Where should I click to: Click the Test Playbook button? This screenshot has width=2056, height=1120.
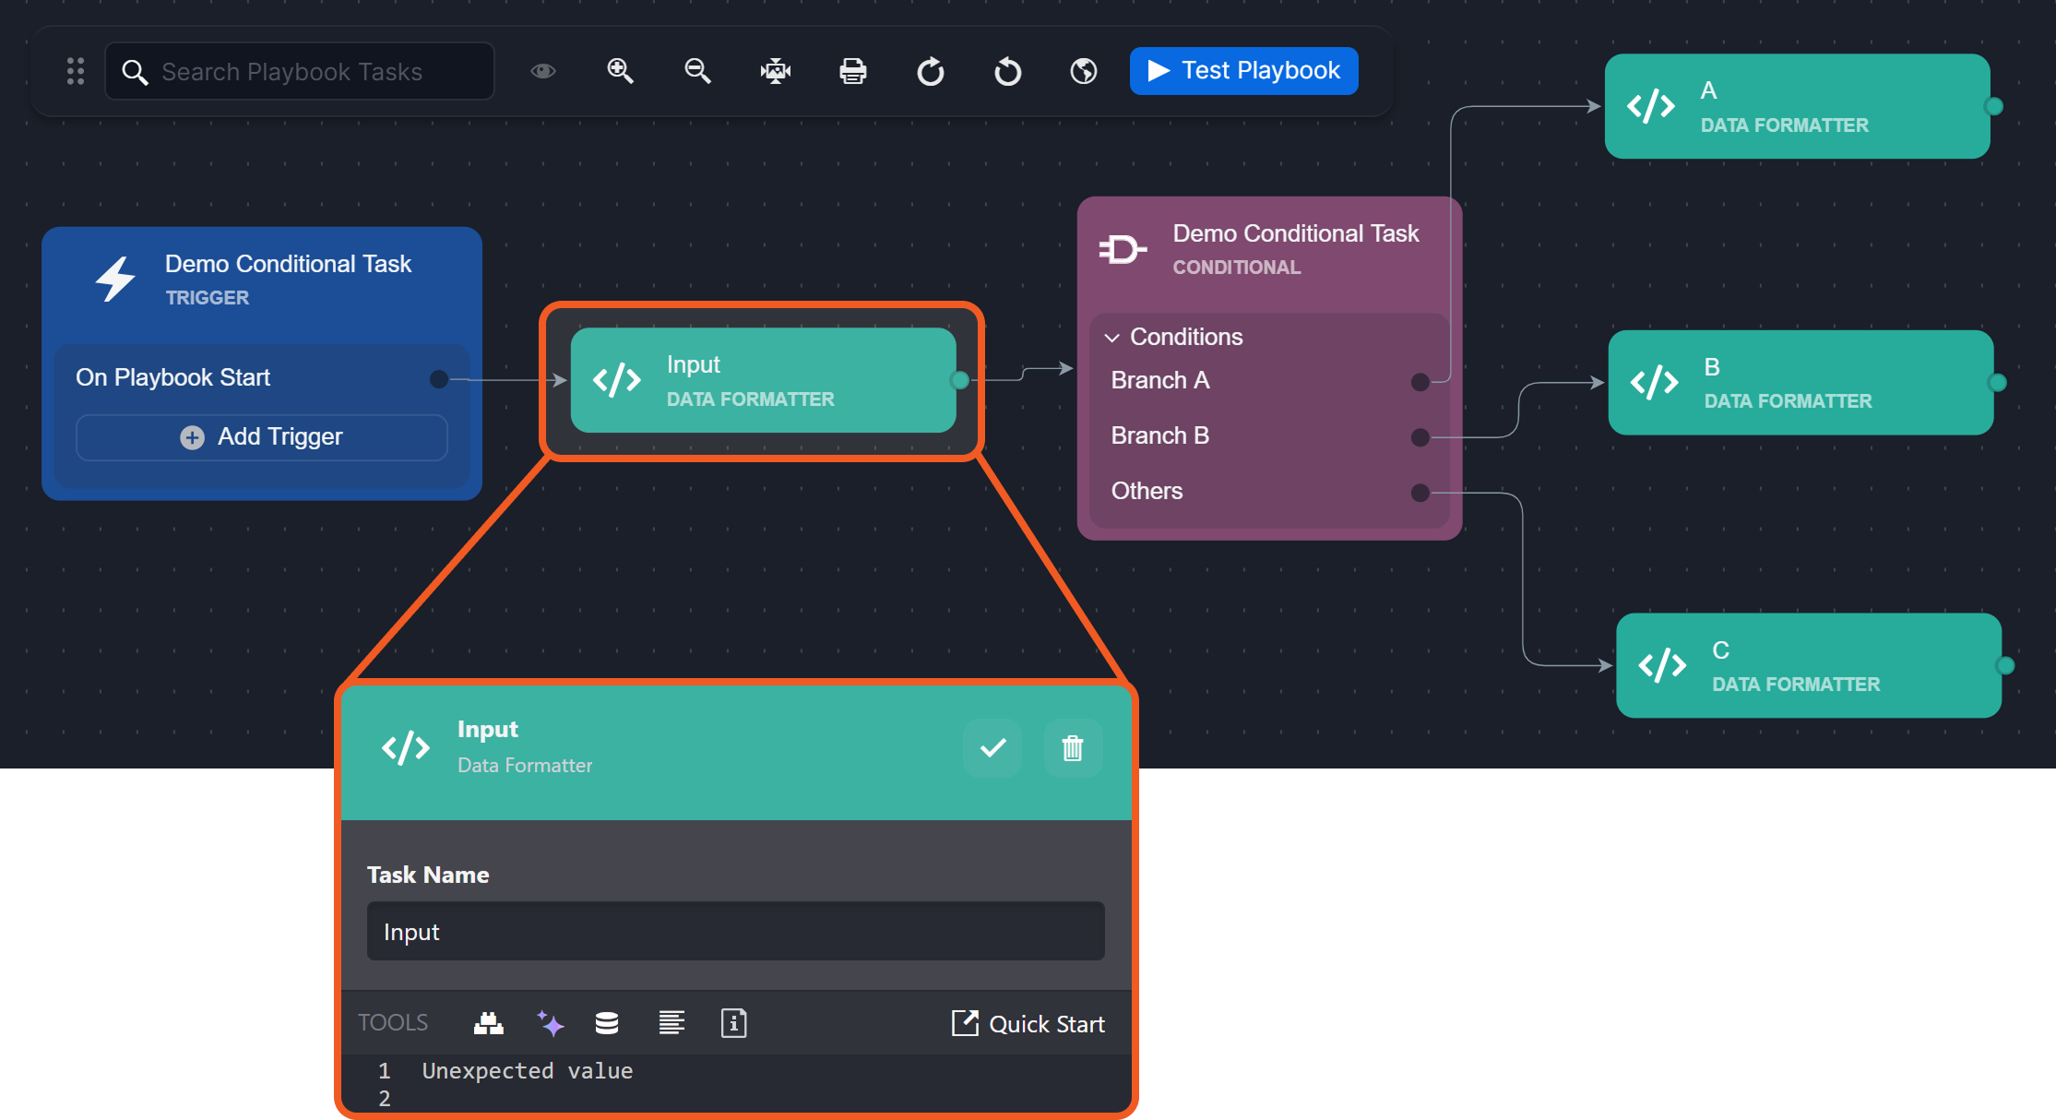point(1243,71)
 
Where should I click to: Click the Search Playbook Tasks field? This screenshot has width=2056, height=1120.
point(300,71)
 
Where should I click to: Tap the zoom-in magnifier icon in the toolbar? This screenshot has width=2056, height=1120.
point(620,71)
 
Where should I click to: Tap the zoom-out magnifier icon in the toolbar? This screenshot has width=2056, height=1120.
point(697,71)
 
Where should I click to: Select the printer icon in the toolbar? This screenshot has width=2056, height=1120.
point(852,71)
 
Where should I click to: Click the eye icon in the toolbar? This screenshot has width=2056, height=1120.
point(543,71)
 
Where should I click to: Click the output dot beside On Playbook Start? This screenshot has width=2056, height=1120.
point(439,379)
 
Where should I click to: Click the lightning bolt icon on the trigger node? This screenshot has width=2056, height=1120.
point(116,279)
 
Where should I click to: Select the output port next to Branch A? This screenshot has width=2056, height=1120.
point(1420,382)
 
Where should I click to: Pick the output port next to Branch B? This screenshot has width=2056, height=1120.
point(1420,437)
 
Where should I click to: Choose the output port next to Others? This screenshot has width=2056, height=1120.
point(1420,493)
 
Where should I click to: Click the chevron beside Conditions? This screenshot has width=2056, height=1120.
point(1112,338)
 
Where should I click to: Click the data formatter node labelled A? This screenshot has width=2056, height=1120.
point(1797,106)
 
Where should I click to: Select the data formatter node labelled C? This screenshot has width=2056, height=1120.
point(1808,665)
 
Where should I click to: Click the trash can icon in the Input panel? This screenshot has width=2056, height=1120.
point(1072,748)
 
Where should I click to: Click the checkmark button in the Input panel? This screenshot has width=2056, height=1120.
point(992,748)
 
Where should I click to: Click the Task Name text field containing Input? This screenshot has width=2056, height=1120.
point(735,932)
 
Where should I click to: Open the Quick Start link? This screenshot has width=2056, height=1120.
point(1028,1024)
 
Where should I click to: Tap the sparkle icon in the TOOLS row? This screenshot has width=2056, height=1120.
point(551,1023)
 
